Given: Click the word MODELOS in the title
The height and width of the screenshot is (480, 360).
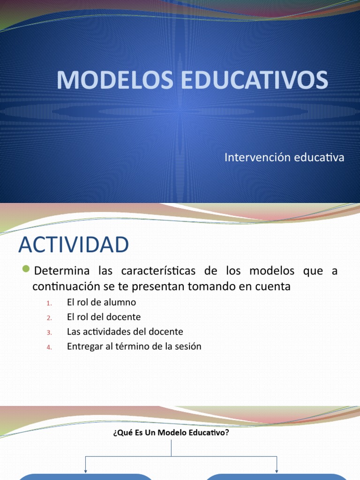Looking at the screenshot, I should point(115,80).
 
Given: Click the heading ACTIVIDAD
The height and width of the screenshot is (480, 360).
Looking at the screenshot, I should point(73,245).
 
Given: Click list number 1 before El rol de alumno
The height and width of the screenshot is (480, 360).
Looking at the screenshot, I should point(49,303).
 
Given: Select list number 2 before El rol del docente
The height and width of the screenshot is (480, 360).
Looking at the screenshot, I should point(49,318).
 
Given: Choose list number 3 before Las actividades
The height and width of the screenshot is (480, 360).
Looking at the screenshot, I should point(49,332).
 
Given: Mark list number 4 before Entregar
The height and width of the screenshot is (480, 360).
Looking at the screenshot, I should point(49,347).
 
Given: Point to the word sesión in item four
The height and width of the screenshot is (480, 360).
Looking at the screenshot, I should point(188,346).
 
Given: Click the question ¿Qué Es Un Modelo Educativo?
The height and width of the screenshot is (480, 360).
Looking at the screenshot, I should point(171,433).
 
